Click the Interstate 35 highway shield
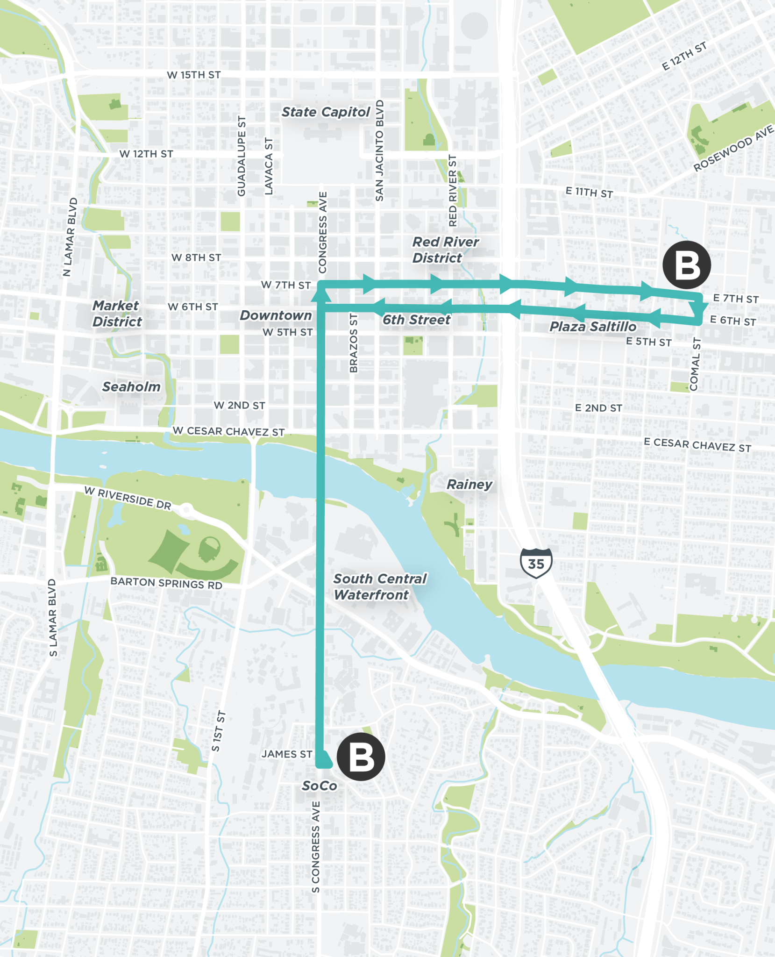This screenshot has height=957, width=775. point(536,563)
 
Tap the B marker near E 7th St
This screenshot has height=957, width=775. point(686,265)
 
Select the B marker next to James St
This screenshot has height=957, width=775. point(361,757)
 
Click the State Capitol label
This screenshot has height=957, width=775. point(326,112)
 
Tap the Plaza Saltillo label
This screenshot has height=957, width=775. point(593,326)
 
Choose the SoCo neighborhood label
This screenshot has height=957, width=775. point(320,786)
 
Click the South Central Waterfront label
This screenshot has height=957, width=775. point(379,586)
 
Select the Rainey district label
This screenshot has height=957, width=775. point(469,484)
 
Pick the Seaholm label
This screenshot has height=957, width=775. point(131,386)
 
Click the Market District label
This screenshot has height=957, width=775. point(117,314)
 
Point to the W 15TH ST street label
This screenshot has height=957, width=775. point(194,75)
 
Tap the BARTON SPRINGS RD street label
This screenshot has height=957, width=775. point(166,583)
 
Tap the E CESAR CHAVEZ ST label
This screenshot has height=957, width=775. point(697,444)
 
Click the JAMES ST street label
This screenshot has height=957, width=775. point(286,754)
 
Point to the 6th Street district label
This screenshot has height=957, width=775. point(416,320)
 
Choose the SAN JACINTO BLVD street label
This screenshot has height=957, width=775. point(379,150)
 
